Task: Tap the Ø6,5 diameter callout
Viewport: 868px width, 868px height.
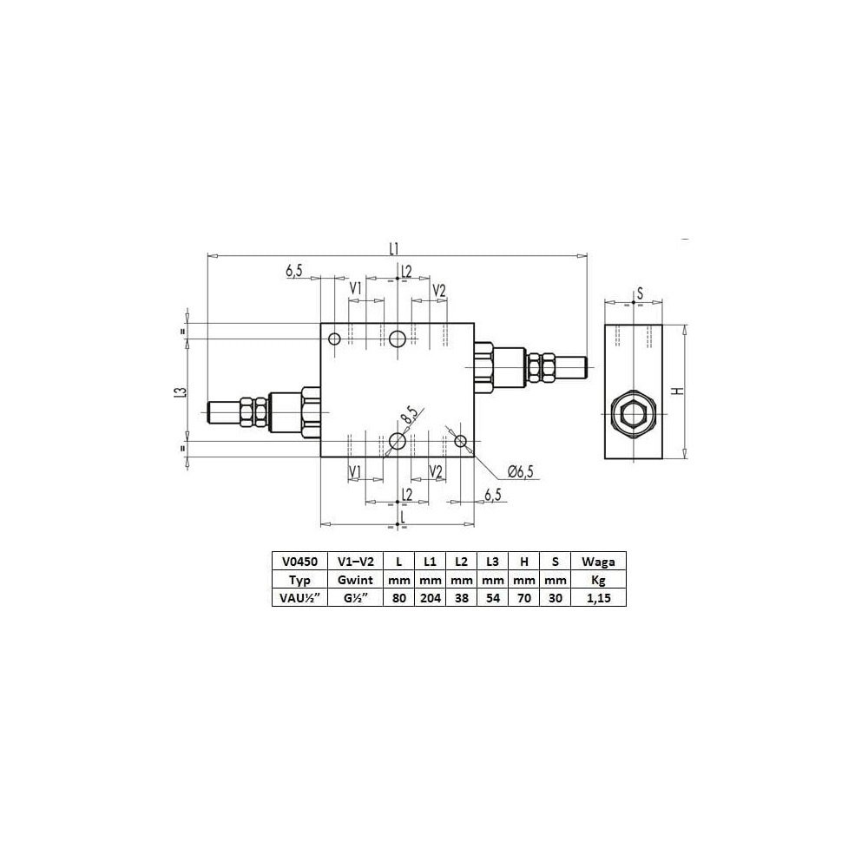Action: pos(520,471)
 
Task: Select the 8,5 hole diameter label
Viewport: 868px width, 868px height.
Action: pos(411,415)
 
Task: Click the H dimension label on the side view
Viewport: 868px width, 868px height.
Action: pos(678,391)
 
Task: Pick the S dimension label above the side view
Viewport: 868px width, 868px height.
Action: pos(640,293)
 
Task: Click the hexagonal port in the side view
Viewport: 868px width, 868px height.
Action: pos(634,414)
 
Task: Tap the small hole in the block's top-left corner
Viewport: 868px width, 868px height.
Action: pos(334,339)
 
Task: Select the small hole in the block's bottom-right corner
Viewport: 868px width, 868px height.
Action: pos(461,441)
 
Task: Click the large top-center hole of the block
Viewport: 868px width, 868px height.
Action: pos(398,339)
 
